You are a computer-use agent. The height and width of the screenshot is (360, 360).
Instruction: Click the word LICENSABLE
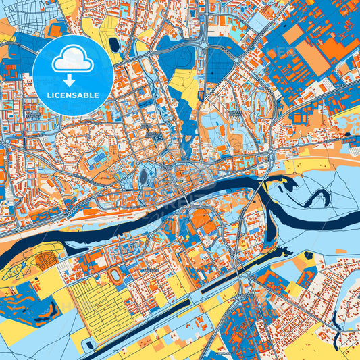click(73, 95)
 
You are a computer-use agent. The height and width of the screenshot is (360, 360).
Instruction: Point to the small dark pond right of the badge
click(113, 45)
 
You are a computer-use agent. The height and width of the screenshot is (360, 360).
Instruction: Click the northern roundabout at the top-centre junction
click(203, 46)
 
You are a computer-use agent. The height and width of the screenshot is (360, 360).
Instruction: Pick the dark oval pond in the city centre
click(143, 177)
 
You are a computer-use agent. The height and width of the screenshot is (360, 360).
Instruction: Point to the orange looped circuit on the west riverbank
click(45, 258)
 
